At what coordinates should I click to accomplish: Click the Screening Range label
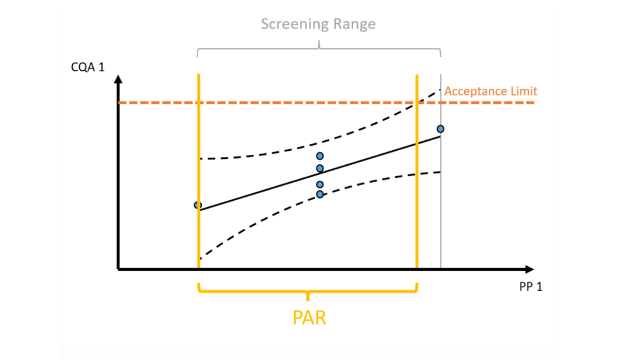[318, 24]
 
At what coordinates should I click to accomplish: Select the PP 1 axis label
[530, 287]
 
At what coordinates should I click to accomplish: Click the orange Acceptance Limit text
[490, 91]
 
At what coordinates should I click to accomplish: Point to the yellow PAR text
[309, 318]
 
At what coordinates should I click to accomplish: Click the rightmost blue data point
[441, 129]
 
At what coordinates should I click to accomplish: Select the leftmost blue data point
[197, 205]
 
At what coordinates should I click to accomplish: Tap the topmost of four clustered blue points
[320, 156]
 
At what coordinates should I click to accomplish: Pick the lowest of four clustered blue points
[320, 194]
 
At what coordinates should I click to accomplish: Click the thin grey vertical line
[441, 224]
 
